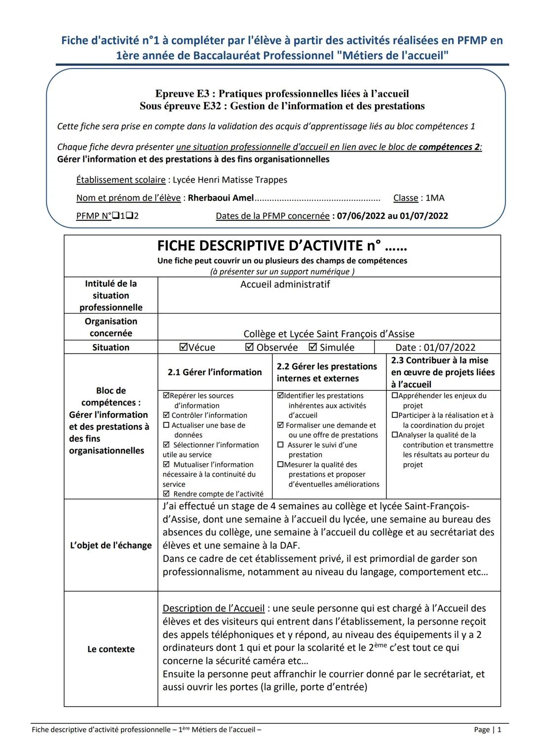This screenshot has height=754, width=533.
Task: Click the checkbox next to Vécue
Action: [x=184, y=347]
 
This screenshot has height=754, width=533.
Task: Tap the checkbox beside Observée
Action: [x=249, y=347]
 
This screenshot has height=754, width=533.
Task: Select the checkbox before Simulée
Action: [x=312, y=347]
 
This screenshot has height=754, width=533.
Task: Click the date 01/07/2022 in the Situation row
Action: [x=449, y=347]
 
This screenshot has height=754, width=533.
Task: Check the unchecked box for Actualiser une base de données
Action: [x=166, y=425]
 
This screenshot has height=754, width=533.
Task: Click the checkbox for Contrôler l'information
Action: [x=166, y=415]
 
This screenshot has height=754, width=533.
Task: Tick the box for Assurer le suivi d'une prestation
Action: [x=280, y=445]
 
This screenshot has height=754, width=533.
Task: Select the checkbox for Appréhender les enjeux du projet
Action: [x=394, y=396]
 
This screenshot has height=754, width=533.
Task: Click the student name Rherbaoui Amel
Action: [x=221, y=198]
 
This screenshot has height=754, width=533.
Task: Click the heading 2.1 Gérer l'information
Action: [x=215, y=372]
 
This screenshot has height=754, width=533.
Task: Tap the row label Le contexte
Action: [x=111, y=649]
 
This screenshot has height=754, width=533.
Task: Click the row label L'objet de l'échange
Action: [x=111, y=545]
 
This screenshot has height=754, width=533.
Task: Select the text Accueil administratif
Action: [x=285, y=284]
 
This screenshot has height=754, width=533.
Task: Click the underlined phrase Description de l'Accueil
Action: [x=213, y=608]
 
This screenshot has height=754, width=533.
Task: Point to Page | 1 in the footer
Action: [x=487, y=729]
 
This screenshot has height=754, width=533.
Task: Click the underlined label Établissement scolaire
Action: [x=121, y=180]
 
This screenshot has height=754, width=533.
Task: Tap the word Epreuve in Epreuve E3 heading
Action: [x=174, y=93]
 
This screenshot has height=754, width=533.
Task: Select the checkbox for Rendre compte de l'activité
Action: [x=166, y=494]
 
